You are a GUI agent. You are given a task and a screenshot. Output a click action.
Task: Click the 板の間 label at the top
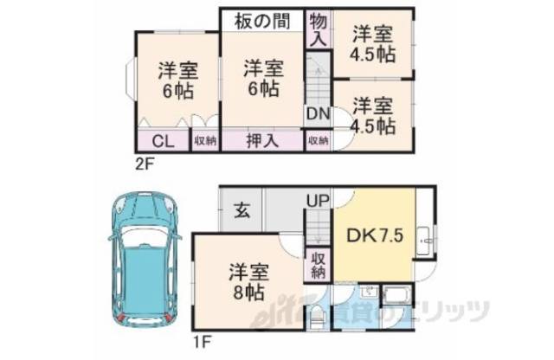[x=260, y=19]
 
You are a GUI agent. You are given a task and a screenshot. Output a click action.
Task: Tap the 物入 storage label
[x=317, y=29]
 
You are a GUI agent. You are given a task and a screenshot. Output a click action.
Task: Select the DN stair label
[x=317, y=112]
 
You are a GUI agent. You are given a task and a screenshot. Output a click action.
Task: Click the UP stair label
[x=315, y=201]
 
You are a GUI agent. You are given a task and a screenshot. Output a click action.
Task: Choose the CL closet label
[x=162, y=141]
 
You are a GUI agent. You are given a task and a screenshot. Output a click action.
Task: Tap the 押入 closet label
[x=261, y=141]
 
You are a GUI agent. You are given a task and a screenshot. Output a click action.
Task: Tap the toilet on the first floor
[x=316, y=318]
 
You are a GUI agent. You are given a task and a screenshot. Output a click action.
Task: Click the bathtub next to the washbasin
[x=397, y=303]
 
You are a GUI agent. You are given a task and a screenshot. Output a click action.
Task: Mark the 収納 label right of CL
[x=205, y=141]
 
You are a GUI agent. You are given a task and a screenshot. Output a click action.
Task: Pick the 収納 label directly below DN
[x=317, y=141]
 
